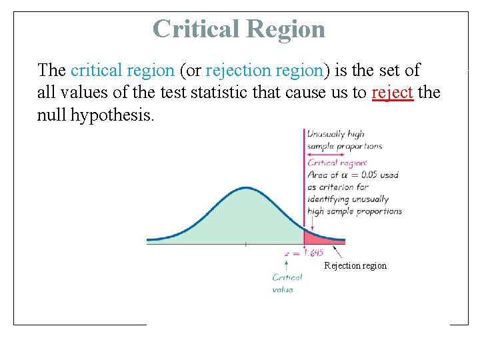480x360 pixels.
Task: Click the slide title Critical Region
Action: tap(239, 29)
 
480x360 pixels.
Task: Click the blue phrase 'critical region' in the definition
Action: tap(122, 70)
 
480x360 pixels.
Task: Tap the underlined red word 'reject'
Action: tap(393, 92)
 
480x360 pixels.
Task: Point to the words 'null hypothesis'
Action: tap(95, 115)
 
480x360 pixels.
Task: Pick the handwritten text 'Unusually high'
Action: tap(335, 134)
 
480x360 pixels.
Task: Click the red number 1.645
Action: tap(313, 253)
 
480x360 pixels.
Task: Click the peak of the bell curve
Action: tap(246, 189)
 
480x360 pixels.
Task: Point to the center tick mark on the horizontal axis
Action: tap(245, 245)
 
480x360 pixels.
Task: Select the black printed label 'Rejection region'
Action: tap(355, 266)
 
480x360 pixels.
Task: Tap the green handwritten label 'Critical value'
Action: tap(287, 283)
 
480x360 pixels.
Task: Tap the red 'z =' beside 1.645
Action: tap(290, 253)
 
